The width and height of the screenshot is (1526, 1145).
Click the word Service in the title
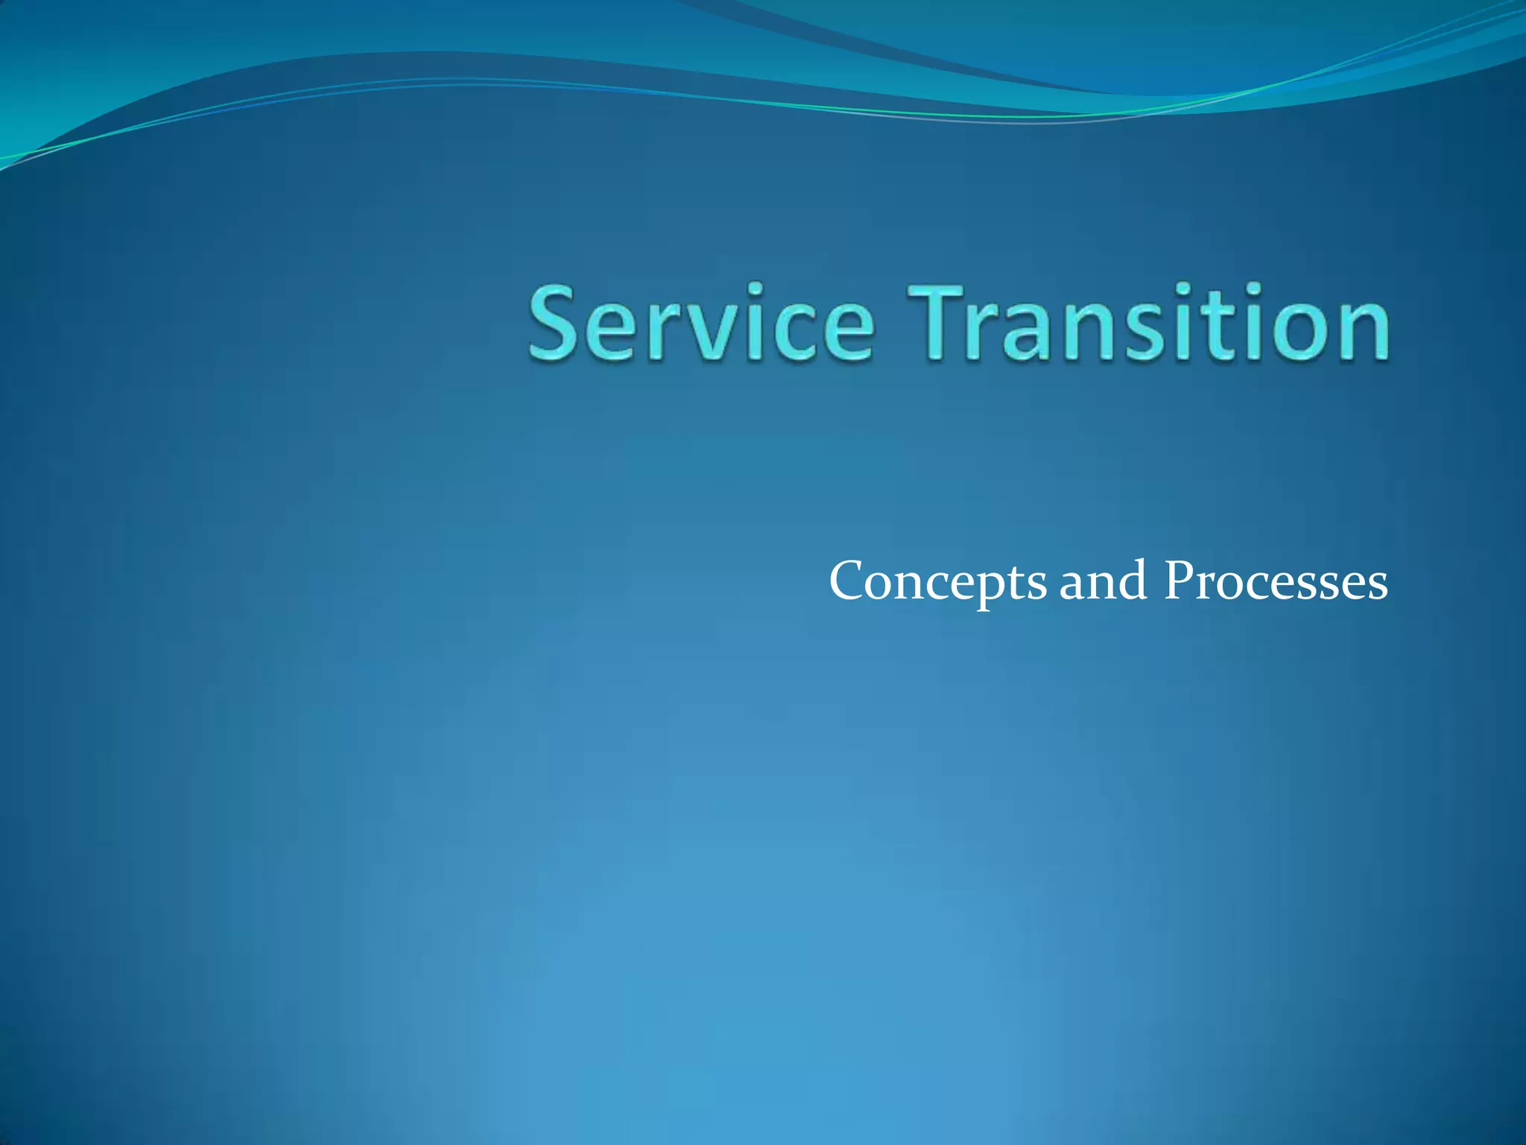click(x=700, y=324)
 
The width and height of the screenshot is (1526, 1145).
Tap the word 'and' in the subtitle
click(x=1103, y=581)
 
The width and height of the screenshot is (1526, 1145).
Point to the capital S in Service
click(x=555, y=324)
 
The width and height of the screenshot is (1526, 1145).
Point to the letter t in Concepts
click(x=1017, y=582)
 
